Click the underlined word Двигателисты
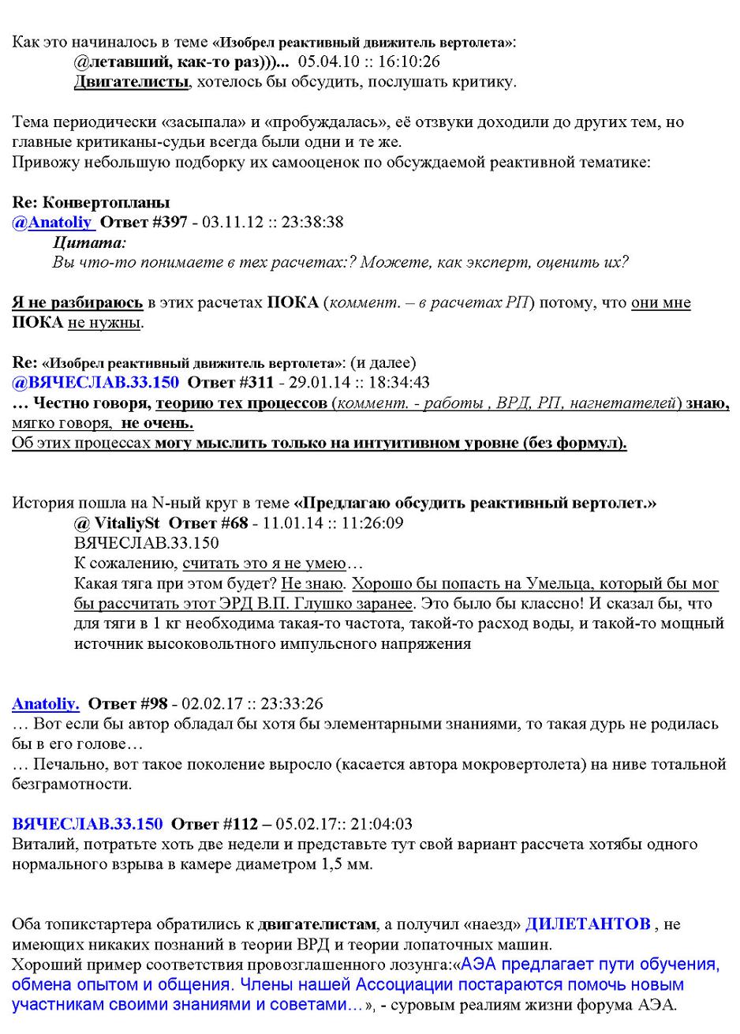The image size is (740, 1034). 132,81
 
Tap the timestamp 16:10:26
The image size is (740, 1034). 412,62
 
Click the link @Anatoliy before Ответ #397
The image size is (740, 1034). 53,223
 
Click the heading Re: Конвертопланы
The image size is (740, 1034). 91,203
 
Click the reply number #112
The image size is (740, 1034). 241,824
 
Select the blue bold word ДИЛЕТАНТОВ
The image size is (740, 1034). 588,924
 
